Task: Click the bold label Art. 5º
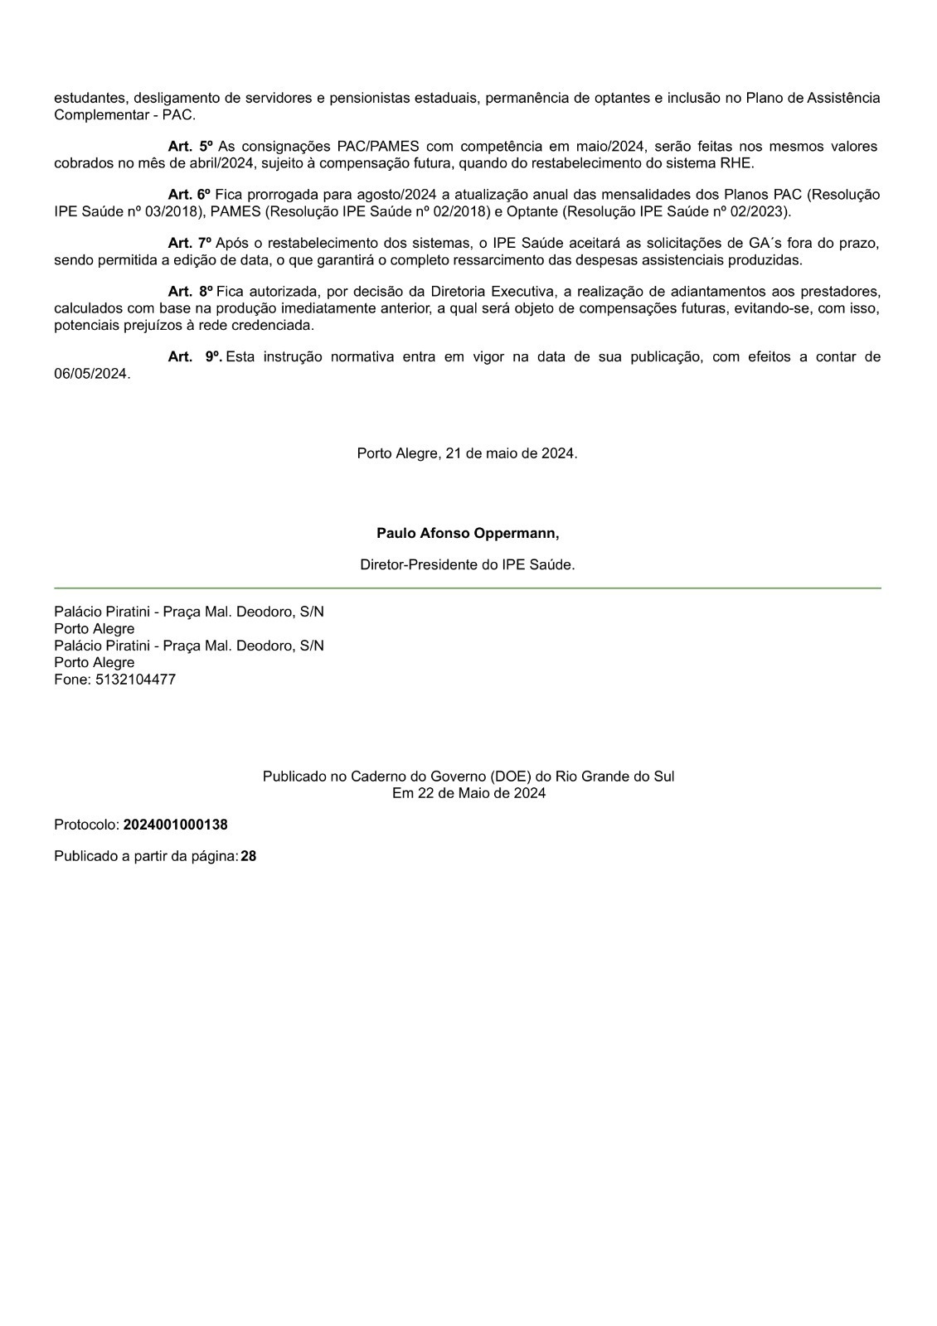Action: (x=190, y=147)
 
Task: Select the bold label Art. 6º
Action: (x=190, y=195)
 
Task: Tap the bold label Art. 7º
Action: (x=190, y=243)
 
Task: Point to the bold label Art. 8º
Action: (x=190, y=292)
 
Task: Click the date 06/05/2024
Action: (x=91, y=374)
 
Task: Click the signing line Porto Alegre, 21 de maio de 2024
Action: (x=467, y=453)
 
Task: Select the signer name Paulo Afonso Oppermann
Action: (x=467, y=533)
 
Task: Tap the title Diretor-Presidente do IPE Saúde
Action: (x=467, y=564)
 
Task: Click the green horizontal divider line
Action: (x=467, y=588)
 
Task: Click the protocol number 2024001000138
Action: (x=175, y=825)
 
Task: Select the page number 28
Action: (x=249, y=856)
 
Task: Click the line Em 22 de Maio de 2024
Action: (x=468, y=793)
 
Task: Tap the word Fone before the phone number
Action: (x=71, y=680)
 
